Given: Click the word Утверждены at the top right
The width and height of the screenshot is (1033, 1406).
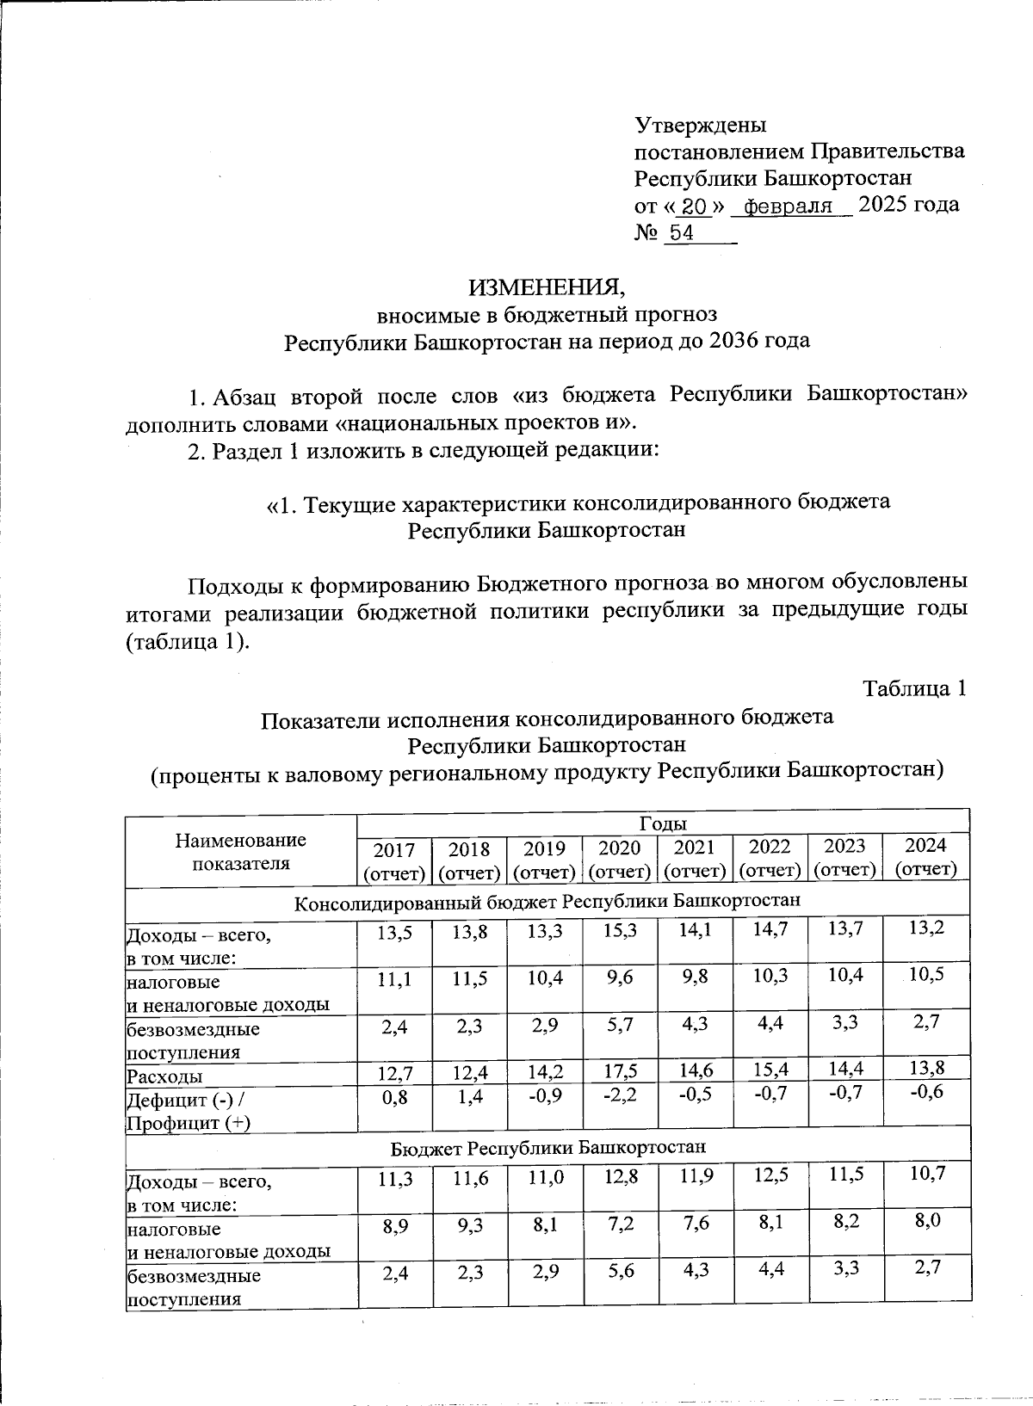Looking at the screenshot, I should coord(699,125).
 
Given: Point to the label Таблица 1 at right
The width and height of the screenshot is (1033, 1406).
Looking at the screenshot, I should coord(915,688).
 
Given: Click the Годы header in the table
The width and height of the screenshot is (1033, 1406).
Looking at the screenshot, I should coord(663,823).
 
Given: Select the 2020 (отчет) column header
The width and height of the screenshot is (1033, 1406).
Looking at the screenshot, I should coord(619,859).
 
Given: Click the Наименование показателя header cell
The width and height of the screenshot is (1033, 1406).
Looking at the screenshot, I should coord(240,851).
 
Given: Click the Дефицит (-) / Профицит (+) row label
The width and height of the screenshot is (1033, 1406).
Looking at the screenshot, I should coord(189,1111).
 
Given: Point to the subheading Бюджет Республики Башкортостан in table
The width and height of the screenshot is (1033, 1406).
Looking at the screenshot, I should coord(548,1148).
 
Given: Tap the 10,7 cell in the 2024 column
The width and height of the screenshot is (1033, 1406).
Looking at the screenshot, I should coord(928,1173).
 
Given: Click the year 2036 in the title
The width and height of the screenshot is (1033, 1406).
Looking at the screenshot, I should coord(731,341).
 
